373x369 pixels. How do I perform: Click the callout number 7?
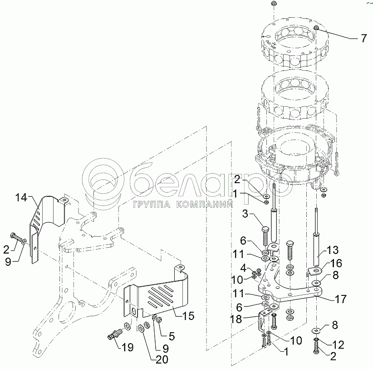click(x=364, y=38)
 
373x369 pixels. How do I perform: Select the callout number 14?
click(x=22, y=198)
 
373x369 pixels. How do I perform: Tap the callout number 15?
click(x=189, y=316)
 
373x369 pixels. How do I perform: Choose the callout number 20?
click(x=162, y=359)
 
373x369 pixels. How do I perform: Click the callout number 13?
click(x=333, y=250)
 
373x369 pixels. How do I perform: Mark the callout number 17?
click(x=341, y=299)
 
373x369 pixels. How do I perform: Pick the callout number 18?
click(x=236, y=319)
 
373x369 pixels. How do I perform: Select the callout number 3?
click(x=245, y=214)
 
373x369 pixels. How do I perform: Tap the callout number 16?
click(x=336, y=263)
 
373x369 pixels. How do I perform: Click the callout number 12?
click(x=338, y=345)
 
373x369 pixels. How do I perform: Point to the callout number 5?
click(x=172, y=336)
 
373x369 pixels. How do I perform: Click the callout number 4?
click(x=243, y=268)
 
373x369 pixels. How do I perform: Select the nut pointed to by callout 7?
click(x=316, y=28)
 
